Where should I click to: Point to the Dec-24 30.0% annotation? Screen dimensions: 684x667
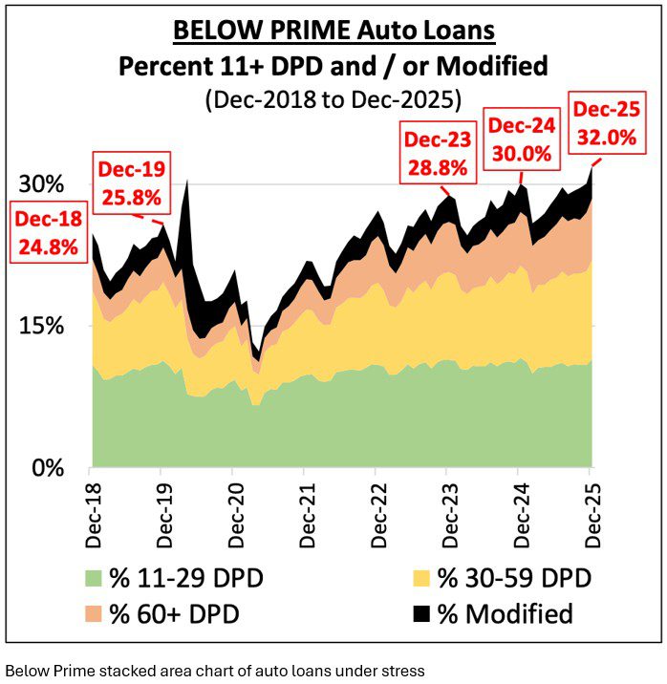click(521, 139)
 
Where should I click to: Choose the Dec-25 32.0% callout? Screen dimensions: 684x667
click(604, 122)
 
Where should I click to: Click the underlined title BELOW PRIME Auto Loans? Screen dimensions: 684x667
click(333, 32)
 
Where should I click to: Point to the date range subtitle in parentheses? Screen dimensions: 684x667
click(333, 98)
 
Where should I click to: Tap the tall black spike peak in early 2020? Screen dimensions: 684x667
click(185, 183)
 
